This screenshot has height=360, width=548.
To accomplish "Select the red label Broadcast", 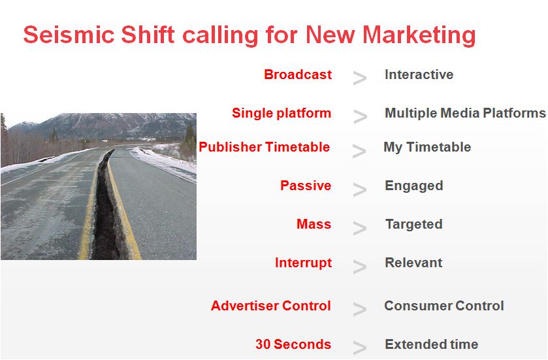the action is (x=298, y=74).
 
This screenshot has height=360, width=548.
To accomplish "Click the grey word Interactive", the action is (x=419, y=74).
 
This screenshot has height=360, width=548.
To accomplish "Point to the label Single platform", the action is (x=282, y=113).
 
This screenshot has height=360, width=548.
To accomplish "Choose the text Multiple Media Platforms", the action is (x=465, y=113).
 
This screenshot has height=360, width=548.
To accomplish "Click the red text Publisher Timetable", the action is (x=265, y=147).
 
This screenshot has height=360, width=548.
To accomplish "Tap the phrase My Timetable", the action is (x=427, y=147).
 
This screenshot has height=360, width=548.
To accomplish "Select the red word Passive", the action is (x=306, y=186).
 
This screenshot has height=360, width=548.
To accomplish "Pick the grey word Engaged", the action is (x=414, y=186).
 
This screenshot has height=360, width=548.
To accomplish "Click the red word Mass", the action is (x=314, y=224).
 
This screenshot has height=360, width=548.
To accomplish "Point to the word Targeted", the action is (x=414, y=224).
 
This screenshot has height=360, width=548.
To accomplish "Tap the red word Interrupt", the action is (x=303, y=263).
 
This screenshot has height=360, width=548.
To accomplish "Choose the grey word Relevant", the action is (x=413, y=263).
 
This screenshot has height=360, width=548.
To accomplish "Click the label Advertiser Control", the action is (x=271, y=306).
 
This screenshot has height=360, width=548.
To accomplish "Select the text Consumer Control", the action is (x=444, y=306).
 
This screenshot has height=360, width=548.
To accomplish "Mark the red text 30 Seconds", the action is (x=293, y=344).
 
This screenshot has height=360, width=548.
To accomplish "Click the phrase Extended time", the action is (x=432, y=344).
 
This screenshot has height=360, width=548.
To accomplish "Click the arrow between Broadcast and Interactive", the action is (x=360, y=78).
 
